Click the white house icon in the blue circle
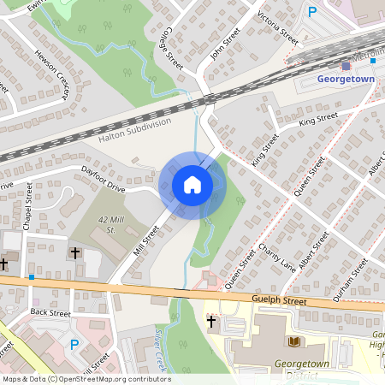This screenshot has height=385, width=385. tap(192, 185)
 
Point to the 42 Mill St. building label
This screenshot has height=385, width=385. tap(106, 225)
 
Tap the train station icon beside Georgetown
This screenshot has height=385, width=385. tap(346, 66)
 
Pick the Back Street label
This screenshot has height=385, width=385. tap(50, 313)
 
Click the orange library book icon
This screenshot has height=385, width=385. tap(295, 341)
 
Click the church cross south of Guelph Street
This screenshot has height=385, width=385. tap(211, 322)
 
